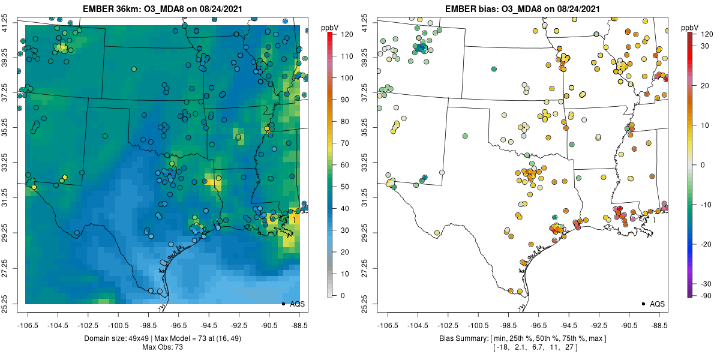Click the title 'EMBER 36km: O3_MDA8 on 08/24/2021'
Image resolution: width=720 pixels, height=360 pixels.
click(162, 8)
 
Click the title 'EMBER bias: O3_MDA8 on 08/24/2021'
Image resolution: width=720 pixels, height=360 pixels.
click(522, 8)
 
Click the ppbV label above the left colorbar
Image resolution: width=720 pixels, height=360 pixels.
click(330, 28)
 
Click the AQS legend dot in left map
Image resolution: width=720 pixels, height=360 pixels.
click(283, 304)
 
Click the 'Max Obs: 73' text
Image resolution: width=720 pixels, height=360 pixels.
click(162, 347)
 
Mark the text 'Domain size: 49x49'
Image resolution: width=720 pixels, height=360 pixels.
click(123, 338)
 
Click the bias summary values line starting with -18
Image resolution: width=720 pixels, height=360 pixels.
click(522, 347)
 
